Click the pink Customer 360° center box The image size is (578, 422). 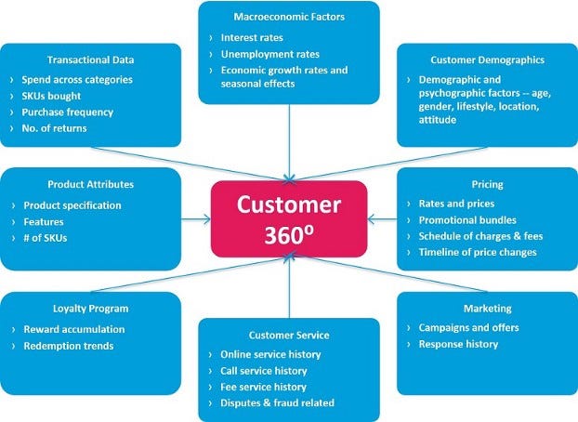(289, 218)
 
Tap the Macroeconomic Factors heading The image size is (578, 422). (289, 16)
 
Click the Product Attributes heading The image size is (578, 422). (90, 184)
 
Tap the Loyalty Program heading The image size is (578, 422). (90, 308)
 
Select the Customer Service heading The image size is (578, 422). (289, 334)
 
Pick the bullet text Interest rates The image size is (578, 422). (254, 37)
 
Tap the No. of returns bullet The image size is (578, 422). (56, 128)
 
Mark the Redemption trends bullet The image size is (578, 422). (69, 346)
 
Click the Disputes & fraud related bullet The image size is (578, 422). (277, 402)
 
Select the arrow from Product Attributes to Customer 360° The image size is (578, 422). (196, 220)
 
